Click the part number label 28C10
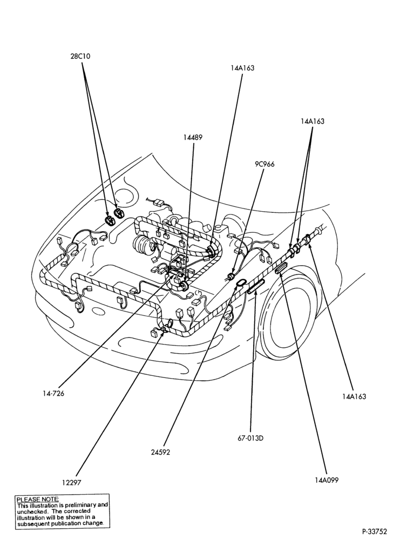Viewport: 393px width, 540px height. click(80, 56)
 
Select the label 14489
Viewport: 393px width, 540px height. click(193, 137)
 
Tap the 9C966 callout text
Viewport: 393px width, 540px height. click(265, 164)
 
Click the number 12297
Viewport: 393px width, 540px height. click(72, 482)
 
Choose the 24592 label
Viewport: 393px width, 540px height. click(160, 453)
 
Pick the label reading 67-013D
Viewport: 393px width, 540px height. click(250, 438)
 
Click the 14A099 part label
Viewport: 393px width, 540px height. click(327, 480)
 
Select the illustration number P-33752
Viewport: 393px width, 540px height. click(376, 531)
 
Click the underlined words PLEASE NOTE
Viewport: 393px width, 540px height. click(38, 499)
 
